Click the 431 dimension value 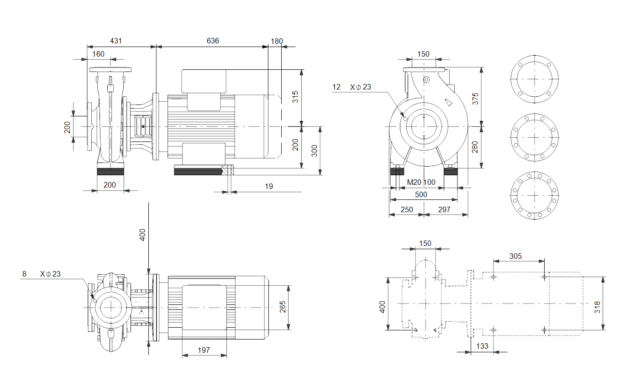point(115,41)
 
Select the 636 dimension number point(213,41)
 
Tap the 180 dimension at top point(277,42)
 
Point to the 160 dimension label point(99,54)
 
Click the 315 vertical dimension point(295,97)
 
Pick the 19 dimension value point(269,186)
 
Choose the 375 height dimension point(475,99)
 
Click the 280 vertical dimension point(475,147)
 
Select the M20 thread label point(414,182)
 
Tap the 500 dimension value point(421,194)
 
